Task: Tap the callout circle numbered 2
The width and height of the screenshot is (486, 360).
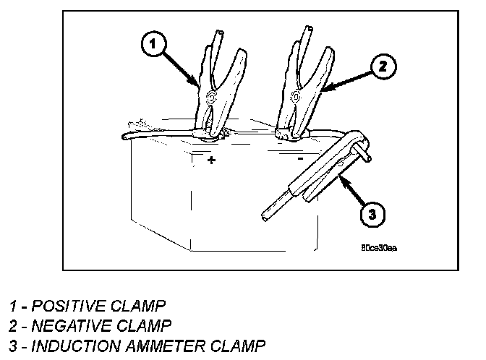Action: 383,67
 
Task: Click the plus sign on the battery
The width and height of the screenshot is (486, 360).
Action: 211,160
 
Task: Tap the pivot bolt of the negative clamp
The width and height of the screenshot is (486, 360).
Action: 295,96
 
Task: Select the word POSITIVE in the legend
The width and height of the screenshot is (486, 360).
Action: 64,305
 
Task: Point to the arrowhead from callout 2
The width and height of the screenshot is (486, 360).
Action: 323,91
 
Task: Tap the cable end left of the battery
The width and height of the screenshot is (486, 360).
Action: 129,135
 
